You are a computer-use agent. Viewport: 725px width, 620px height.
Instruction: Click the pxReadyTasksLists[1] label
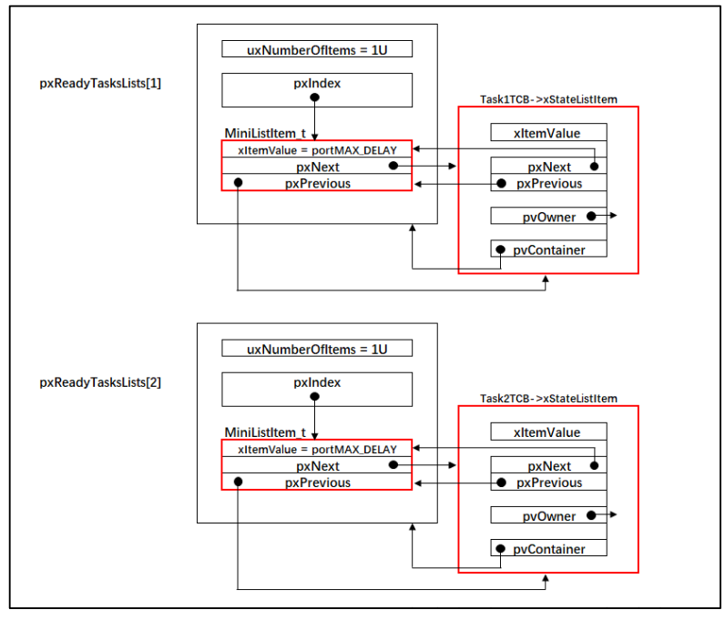pos(100,84)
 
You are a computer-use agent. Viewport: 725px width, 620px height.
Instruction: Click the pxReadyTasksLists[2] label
pos(100,382)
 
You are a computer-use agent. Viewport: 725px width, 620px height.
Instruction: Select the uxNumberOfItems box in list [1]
pos(317,49)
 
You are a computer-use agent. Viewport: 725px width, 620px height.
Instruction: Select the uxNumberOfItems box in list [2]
pos(317,348)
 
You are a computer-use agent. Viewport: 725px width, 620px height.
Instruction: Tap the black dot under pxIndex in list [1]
pos(315,97)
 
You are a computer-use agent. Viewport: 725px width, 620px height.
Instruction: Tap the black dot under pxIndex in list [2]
pos(315,396)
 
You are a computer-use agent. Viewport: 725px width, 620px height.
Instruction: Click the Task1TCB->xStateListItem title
pos(548,99)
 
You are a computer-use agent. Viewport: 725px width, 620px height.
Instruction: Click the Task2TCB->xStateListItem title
pos(548,399)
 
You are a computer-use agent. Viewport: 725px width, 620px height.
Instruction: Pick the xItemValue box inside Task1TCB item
pos(549,132)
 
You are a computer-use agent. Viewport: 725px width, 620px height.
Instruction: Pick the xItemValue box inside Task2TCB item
pos(549,432)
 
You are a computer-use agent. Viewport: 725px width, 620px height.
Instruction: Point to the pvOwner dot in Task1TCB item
pos(591,216)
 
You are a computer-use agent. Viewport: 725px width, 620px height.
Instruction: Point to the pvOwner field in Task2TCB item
pos(549,515)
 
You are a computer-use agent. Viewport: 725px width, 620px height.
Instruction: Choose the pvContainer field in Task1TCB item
pos(549,249)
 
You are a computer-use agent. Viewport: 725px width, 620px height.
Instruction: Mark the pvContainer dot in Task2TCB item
pos(500,549)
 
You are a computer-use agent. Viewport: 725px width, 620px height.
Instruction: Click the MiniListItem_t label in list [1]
pos(265,134)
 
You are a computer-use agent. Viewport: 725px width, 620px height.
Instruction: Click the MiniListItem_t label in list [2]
pos(265,432)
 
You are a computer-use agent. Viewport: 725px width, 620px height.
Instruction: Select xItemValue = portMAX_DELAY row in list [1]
pos(317,149)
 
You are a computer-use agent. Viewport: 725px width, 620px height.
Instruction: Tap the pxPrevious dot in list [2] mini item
pos(238,482)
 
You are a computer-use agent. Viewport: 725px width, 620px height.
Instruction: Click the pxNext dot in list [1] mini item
pos(393,166)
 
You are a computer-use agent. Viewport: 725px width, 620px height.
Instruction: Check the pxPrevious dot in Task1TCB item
pos(501,184)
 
